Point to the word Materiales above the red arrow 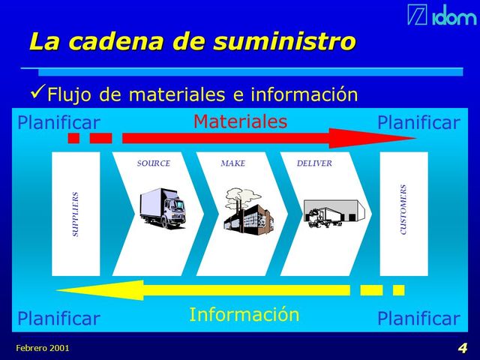coord(240,121)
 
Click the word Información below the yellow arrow coord(244,314)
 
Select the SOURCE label coord(153,163)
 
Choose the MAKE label coord(232,163)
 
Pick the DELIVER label coord(314,163)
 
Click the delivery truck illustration coord(162,208)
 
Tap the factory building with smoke coord(248,209)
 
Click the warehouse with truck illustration coord(333,212)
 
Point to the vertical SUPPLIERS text coord(75,214)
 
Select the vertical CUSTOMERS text coord(403,210)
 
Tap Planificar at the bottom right coord(418,319)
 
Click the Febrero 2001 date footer coord(43,349)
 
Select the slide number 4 coord(462,348)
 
